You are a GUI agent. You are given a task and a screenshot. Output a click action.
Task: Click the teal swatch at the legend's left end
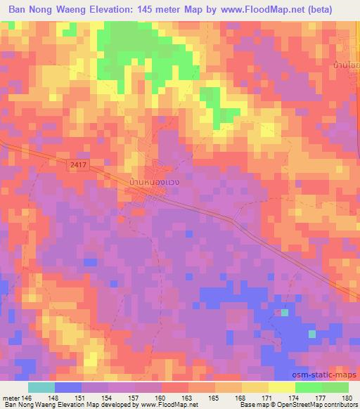41,387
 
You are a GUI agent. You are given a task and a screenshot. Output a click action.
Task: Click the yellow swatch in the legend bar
255,387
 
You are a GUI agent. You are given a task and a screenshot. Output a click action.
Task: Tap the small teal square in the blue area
285,312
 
